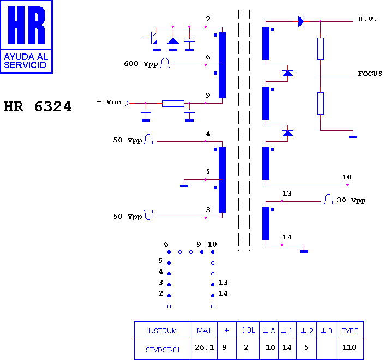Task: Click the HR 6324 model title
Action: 38,106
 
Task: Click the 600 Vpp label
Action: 141,64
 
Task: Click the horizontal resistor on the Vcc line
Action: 173,103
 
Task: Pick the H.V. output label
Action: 367,19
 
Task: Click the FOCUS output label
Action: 370,74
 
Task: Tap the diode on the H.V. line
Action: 301,21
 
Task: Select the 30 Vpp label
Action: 351,200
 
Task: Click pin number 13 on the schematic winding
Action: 287,194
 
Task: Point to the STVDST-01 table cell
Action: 163,350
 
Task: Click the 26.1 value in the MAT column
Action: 205,347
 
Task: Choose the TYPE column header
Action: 350,331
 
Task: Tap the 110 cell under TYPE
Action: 349,347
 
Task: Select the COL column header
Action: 248,330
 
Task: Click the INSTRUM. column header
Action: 163,331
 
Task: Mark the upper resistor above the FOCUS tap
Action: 321,49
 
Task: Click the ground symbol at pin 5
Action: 184,186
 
